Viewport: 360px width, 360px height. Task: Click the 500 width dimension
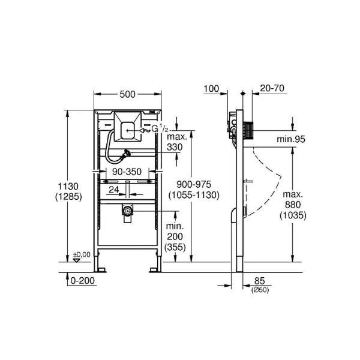pyautogui.click(x=127, y=94)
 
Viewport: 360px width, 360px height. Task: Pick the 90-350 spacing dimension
pyautogui.click(x=127, y=172)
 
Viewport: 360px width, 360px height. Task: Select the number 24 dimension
pyautogui.click(x=113, y=190)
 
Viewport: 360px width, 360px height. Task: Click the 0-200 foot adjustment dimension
pyautogui.click(x=82, y=280)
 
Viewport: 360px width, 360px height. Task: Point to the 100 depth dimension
pyautogui.click(x=211, y=88)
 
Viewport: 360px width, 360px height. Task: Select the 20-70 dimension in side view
pyautogui.click(x=272, y=88)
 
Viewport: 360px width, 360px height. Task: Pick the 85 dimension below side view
pyautogui.click(x=259, y=281)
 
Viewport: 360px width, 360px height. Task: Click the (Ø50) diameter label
pyautogui.click(x=259, y=290)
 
